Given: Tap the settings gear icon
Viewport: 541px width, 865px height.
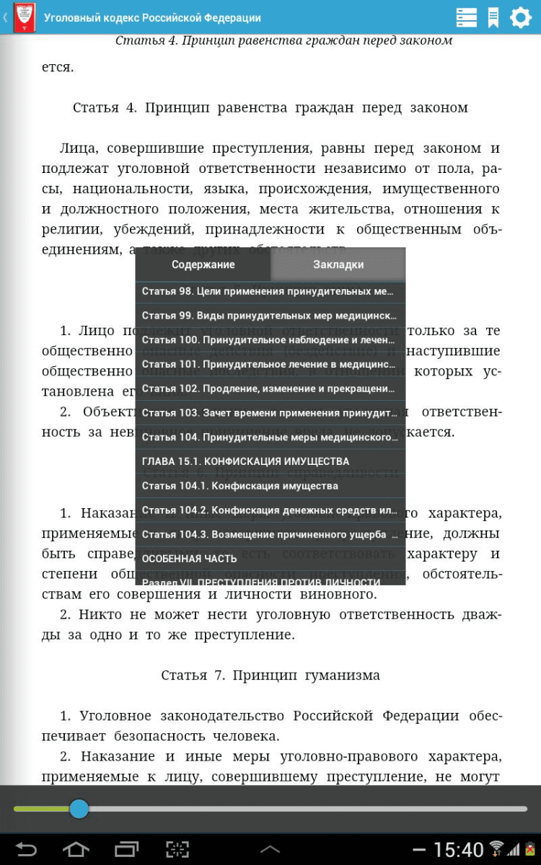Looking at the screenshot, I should pyautogui.click(x=520, y=17).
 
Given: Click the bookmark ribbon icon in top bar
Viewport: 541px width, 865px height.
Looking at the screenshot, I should pyautogui.click(x=493, y=17).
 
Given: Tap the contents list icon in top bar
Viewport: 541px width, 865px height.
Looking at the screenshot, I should pyautogui.click(x=466, y=17).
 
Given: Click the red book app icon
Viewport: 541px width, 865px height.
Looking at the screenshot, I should pyautogui.click(x=25, y=17).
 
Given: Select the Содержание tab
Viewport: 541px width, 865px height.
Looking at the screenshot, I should pyautogui.click(x=203, y=265).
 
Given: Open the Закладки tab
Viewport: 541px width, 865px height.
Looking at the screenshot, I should pyautogui.click(x=338, y=265).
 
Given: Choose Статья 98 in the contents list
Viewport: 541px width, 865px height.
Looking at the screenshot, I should pyautogui.click(x=268, y=292).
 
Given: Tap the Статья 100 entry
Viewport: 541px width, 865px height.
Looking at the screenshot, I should pyautogui.click(x=268, y=340).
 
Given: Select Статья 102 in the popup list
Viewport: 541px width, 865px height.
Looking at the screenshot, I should pyautogui.click(x=268, y=389).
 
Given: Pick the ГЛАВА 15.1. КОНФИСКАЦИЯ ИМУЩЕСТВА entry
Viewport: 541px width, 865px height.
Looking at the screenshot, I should pyautogui.click(x=245, y=461).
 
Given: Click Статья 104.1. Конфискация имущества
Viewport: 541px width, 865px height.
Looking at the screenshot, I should pyautogui.click(x=240, y=486).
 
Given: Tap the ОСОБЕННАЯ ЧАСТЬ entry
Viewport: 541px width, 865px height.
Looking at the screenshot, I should pyautogui.click(x=190, y=559).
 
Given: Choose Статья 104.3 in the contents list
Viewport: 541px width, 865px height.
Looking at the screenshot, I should pyautogui.click(x=268, y=535).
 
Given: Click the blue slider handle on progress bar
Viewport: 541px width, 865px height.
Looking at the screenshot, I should pyautogui.click(x=79, y=809).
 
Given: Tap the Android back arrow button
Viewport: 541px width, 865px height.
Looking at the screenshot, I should pyautogui.click(x=26, y=849).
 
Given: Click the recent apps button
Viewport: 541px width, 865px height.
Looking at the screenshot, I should pyautogui.click(x=126, y=849).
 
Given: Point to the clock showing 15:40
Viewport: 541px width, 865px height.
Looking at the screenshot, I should pyautogui.click(x=459, y=850).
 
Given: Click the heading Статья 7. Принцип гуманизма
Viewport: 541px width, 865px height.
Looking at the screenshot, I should pyautogui.click(x=270, y=675).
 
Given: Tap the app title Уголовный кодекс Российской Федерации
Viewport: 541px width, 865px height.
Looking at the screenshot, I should pyautogui.click(x=152, y=17).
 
